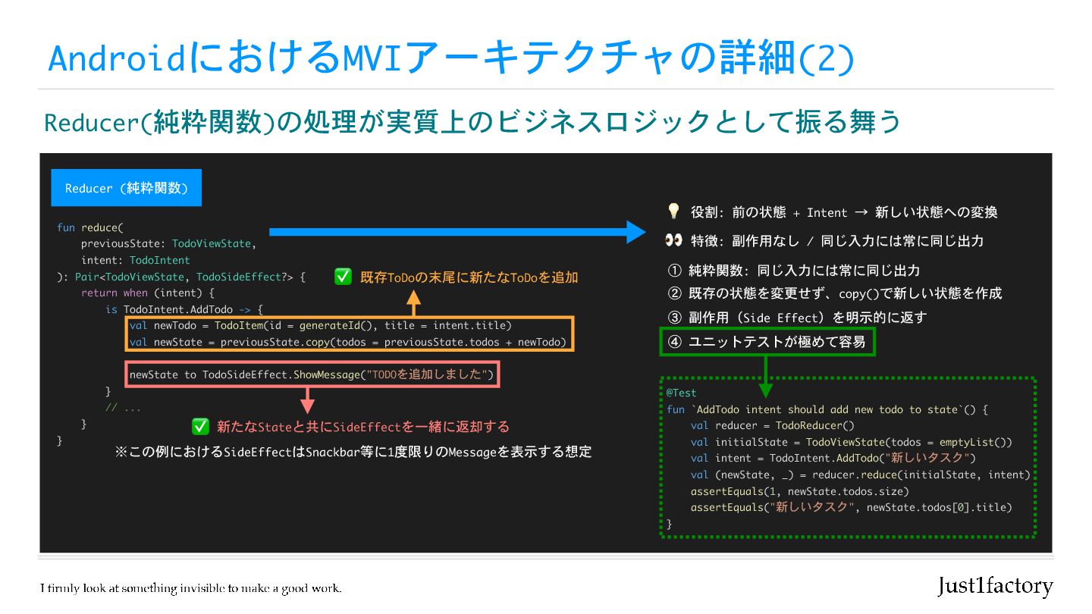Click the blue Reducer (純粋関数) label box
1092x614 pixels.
[x=126, y=188]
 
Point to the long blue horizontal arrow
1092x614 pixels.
[x=455, y=232]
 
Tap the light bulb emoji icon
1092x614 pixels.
[x=673, y=211]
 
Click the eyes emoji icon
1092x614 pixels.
[x=673, y=240]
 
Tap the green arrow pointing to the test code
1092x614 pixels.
[x=766, y=375]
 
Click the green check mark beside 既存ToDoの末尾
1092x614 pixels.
[x=343, y=277]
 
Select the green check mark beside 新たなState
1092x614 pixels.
[x=200, y=427]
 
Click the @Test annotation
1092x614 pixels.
[x=681, y=393]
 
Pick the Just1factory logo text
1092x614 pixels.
[x=995, y=586]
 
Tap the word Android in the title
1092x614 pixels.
[x=116, y=59]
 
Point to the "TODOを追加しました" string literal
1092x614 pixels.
[x=428, y=374]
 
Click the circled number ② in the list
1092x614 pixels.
[x=675, y=293]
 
